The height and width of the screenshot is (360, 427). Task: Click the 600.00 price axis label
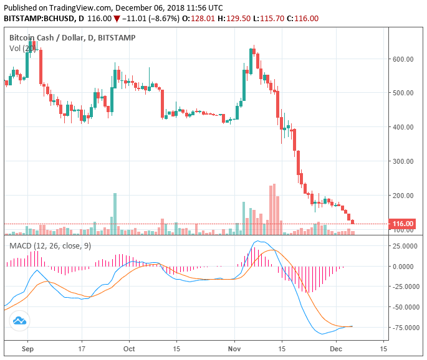pyautogui.click(x=403, y=59)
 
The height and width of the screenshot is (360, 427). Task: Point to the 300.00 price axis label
pyautogui.click(x=403, y=161)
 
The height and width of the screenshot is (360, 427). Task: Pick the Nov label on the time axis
pyautogui.click(x=235, y=349)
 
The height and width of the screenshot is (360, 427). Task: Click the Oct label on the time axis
pyautogui.click(x=130, y=349)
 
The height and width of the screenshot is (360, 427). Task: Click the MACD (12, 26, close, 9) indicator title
pyautogui.click(x=50, y=246)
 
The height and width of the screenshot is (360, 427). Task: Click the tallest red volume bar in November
pyautogui.click(x=273, y=209)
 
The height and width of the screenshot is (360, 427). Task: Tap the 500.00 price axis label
pyautogui.click(x=403, y=93)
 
